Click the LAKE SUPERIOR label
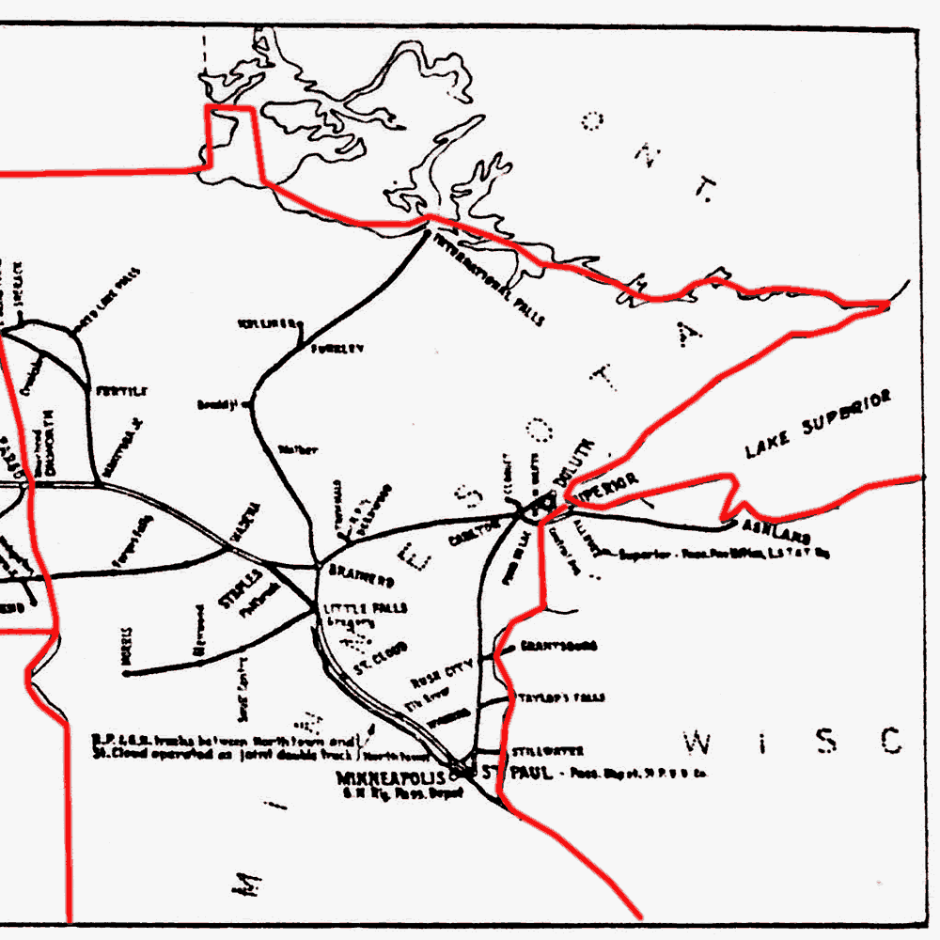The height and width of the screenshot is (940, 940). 817,425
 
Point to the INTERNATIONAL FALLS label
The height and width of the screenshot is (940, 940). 486,277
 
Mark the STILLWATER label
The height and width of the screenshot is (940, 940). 547,751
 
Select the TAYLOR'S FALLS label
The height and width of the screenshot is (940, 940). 561,698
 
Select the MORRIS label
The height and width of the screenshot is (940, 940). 127,646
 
